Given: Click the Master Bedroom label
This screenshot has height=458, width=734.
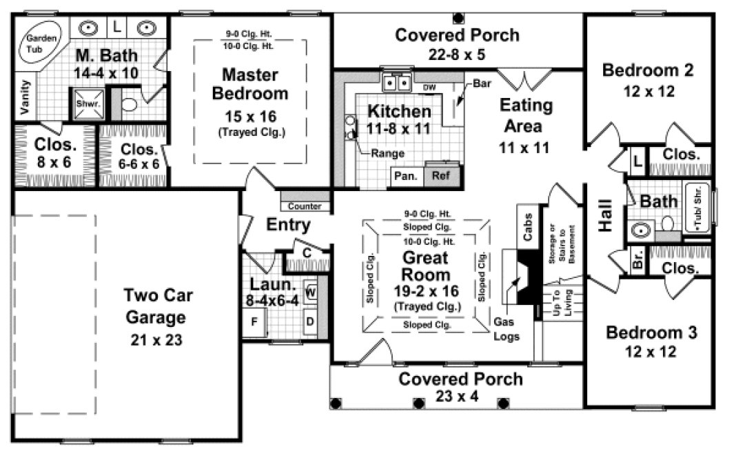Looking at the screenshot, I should click(249, 83).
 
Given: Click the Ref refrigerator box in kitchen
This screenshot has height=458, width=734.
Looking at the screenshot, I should click(440, 175).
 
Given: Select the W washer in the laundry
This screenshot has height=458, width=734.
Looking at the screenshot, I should click(310, 291).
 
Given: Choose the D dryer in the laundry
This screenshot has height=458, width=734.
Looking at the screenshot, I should click(310, 321).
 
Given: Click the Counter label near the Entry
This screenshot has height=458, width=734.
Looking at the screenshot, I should click(305, 206).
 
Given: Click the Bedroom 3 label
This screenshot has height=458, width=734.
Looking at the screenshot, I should click(651, 332).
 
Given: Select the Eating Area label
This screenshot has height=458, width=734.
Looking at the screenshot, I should click(526, 116).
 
